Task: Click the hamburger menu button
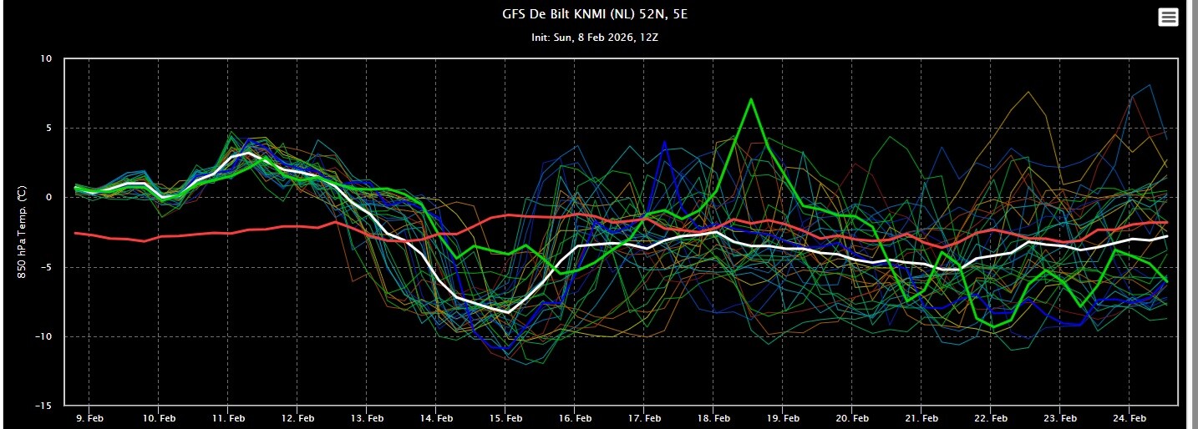coord(1168,18)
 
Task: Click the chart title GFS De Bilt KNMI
coord(598,15)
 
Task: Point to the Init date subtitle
coord(598,38)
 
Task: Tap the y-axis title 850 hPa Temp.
coord(23,232)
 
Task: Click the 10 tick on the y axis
coord(45,59)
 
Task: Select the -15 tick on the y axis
coord(43,406)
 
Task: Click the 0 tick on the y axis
coord(48,198)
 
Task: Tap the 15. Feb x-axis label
coord(505,417)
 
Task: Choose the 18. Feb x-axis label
coord(713,417)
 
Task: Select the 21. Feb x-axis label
coord(921,417)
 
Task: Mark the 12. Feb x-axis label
coord(297,417)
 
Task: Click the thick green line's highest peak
coord(751,99)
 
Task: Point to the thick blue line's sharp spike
coord(664,142)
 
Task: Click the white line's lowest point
coord(508,312)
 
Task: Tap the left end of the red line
coord(76,234)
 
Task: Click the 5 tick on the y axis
coord(48,129)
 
